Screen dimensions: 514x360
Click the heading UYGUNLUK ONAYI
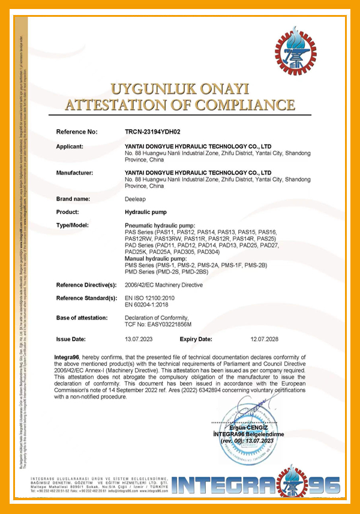(x=180, y=89)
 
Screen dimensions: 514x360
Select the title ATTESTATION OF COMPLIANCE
(x=180, y=105)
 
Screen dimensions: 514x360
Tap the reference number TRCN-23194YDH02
(x=152, y=131)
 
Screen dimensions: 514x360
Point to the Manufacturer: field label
(x=78, y=173)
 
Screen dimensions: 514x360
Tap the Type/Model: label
(x=75, y=225)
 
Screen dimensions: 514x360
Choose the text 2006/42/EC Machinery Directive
(x=163, y=285)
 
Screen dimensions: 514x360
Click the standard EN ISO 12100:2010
(x=149, y=298)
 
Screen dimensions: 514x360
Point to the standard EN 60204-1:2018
(x=148, y=304)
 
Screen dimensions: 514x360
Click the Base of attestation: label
(x=82, y=318)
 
